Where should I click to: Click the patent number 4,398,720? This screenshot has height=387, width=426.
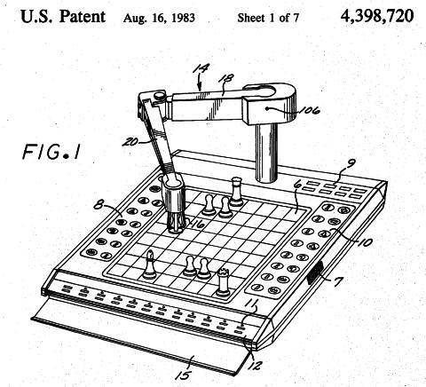[377, 16]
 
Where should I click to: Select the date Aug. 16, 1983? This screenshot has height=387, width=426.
[159, 18]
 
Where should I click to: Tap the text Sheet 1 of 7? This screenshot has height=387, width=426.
[268, 18]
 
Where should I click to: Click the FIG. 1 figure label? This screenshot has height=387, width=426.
[51, 152]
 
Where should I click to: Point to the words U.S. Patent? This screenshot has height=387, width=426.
[63, 17]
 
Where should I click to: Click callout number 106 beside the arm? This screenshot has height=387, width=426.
[310, 110]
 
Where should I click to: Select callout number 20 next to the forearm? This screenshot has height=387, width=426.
[130, 142]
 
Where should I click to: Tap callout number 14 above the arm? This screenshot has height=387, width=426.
[201, 68]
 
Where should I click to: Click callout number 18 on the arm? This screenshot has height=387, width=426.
[225, 78]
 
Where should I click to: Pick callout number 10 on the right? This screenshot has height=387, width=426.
[366, 242]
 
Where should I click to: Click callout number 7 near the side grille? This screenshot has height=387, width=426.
[338, 281]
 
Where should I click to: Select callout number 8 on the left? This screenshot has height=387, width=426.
[99, 204]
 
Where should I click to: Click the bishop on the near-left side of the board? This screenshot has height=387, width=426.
[150, 265]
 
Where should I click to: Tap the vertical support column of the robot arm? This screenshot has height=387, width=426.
[266, 152]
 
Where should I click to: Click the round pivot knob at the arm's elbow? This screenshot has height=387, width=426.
[160, 96]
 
